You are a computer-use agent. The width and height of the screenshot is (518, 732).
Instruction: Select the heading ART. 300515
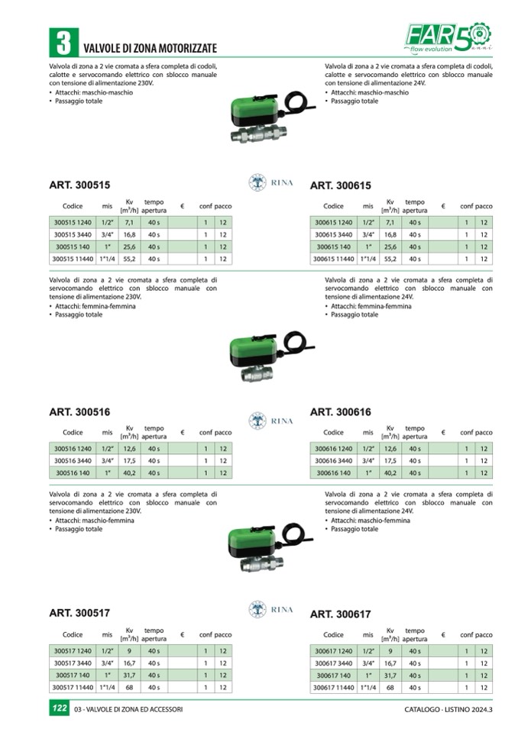coord(79,185)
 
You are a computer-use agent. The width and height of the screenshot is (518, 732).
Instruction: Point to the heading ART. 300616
coord(340,412)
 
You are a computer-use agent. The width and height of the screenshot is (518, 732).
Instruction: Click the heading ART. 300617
coord(340,614)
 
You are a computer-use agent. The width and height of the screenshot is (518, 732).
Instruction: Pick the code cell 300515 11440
coord(72,260)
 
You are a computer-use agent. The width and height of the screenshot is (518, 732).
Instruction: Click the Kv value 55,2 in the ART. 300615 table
coord(390,260)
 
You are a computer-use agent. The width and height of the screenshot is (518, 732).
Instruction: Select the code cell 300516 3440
coord(72,461)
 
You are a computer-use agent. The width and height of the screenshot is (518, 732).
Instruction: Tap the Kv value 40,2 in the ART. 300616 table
coord(390,473)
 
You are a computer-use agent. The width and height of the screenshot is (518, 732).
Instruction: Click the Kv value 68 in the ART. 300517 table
coord(129,687)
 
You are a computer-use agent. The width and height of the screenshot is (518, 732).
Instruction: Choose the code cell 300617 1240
coord(334,650)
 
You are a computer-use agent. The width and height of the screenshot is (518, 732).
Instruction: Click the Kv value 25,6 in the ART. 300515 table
coord(129,247)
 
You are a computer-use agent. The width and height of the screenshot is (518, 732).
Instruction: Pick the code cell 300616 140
coord(334,473)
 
